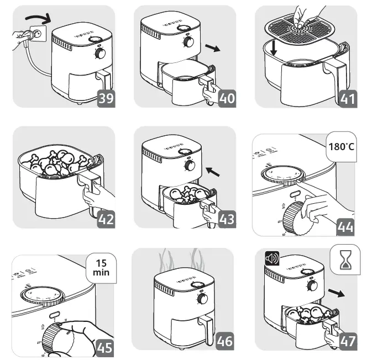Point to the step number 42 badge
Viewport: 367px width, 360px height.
click(106, 219)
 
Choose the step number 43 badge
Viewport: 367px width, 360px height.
click(227, 219)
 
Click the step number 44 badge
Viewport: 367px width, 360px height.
click(348, 227)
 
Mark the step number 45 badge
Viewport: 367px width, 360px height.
click(106, 347)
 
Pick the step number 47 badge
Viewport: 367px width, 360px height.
click(348, 341)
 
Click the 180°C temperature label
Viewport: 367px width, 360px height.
click(342, 147)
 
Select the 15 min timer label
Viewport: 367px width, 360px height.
click(101, 268)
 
